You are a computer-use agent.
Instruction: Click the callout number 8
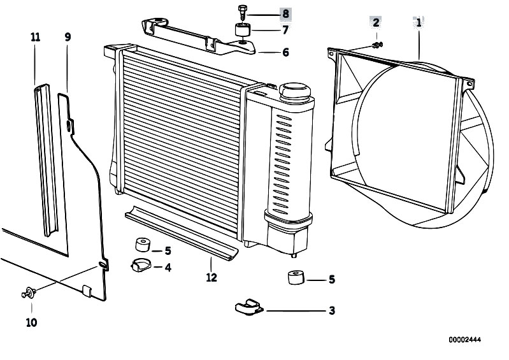(285, 13)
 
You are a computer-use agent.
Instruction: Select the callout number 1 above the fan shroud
(419, 23)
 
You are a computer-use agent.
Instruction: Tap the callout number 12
(211, 278)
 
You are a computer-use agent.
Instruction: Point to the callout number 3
(331, 311)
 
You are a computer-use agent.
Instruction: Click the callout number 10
(31, 322)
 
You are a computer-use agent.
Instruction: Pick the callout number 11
(36, 38)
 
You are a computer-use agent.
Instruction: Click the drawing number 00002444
(465, 340)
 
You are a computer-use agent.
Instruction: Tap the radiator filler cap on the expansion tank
(295, 91)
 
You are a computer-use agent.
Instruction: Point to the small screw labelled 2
(378, 45)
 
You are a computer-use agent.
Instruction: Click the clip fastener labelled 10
(29, 292)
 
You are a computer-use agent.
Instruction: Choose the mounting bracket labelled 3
(249, 307)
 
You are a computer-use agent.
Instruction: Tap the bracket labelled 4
(141, 265)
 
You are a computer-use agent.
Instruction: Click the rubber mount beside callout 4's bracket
(143, 245)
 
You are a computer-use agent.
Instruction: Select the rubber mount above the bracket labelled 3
(296, 278)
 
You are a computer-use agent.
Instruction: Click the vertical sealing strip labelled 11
(47, 160)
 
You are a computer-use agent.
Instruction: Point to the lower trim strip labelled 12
(182, 233)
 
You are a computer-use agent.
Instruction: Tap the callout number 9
(68, 37)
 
